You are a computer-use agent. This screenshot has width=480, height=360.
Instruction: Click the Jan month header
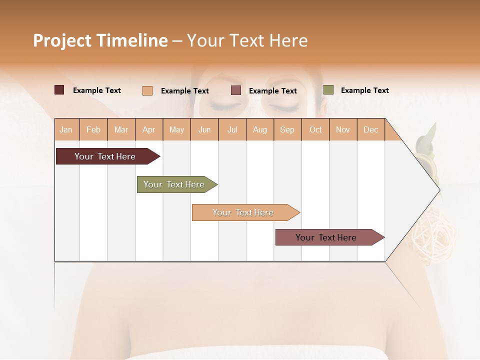tap(66, 129)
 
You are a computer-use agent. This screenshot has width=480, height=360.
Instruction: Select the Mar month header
tap(121, 129)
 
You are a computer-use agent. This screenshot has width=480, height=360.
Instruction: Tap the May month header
tap(176, 129)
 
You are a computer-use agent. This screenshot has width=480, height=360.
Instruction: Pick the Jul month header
tap(232, 129)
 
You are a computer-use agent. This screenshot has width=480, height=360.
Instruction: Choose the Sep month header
tap(287, 129)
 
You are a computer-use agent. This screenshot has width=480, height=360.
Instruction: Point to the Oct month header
tap(315, 129)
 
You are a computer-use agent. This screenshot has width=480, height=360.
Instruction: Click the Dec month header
tap(370, 129)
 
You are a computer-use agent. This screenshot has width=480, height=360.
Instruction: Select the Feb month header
tap(93, 129)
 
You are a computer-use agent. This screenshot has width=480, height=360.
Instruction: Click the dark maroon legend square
tap(59, 90)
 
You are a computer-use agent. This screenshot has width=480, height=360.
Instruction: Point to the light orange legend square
tap(147, 90)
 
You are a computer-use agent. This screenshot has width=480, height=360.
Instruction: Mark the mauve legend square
tap(236, 90)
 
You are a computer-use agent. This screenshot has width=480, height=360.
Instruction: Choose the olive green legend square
tap(328, 90)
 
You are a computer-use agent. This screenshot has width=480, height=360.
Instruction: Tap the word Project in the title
tap(62, 40)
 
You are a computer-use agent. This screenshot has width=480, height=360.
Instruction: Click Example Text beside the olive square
tap(364, 90)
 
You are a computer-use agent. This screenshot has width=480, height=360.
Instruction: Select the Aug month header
tap(259, 129)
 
